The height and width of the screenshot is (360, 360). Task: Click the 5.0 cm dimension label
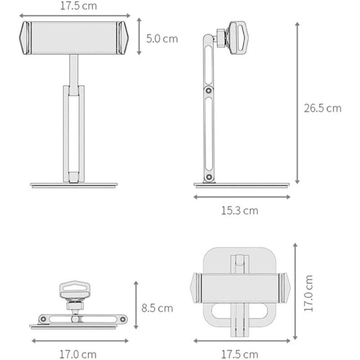point(162,38)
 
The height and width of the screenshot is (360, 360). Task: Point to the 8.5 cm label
point(157,308)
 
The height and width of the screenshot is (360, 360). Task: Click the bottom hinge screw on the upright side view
point(208,178)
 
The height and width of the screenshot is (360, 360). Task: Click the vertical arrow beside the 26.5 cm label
point(297,103)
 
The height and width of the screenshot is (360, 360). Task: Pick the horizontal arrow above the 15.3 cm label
point(242,197)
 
